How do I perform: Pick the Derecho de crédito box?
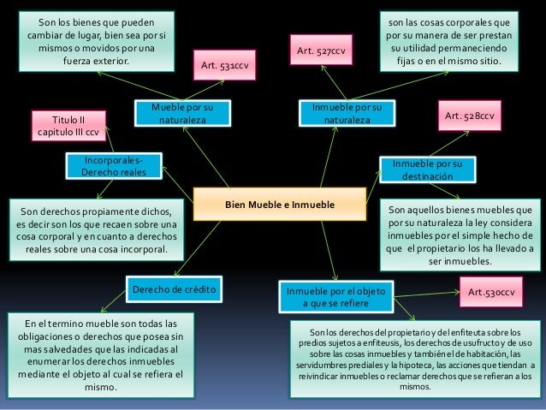(175, 291)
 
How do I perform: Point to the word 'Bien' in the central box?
(236, 206)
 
